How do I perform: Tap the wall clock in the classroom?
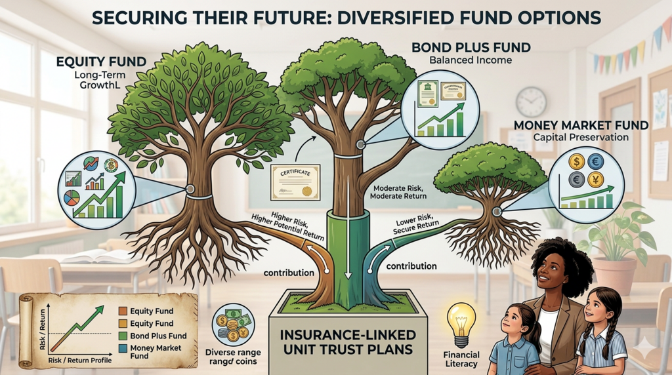[531, 102]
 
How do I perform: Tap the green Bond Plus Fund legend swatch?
[122, 336]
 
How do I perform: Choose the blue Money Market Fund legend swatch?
[122, 348]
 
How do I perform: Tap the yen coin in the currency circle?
[595, 180]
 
